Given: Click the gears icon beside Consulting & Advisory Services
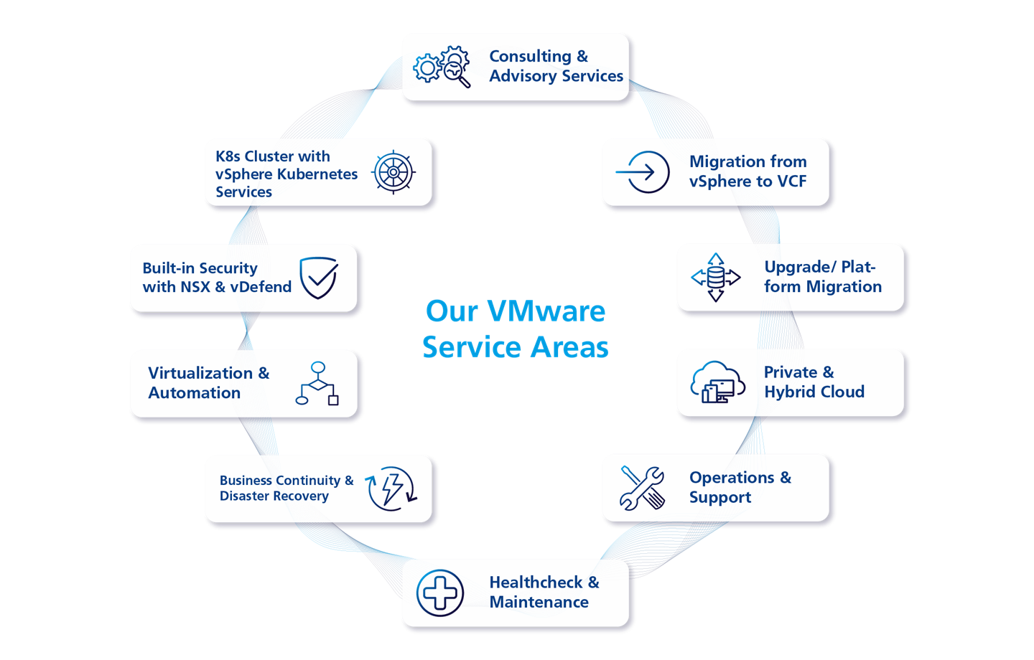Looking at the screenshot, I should click(x=442, y=67).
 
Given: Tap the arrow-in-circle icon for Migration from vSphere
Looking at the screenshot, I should click(x=643, y=172).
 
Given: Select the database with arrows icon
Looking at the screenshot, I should click(x=715, y=277).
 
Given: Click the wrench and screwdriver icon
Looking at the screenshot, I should click(x=643, y=488).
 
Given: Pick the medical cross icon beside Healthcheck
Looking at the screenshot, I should click(x=440, y=593).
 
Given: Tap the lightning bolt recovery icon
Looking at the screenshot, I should click(x=391, y=489).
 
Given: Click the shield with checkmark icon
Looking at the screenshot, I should click(x=319, y=278).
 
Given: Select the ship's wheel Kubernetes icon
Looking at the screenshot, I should click(x=393, y=172).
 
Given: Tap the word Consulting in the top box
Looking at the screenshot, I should click(x=530, y=56).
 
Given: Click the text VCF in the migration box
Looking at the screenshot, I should click(x=791, y=181).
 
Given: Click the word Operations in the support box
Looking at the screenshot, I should click(x=732, y=478).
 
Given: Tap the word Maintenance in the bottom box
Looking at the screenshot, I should click(x=539, y=603).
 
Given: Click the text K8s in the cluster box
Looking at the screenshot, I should click(x=228, y=156).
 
